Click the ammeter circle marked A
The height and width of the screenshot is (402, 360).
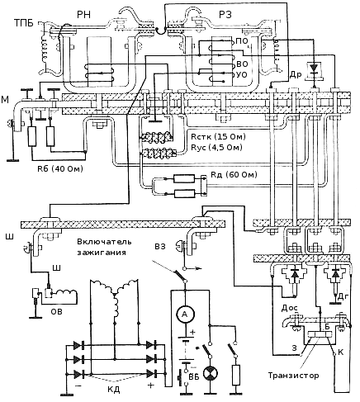(185, 314)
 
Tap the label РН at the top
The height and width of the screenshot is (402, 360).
(83, 14)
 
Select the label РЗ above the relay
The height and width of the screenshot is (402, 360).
(225, 14)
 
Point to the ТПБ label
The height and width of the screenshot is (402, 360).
(24, 23)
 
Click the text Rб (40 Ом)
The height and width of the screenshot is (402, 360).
(60, 168)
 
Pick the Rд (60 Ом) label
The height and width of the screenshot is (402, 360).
(234, 174)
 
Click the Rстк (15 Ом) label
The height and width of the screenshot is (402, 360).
(218, 136)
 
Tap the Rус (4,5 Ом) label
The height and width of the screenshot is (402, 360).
(216, 147)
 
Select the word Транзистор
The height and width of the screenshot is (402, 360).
(293, 376)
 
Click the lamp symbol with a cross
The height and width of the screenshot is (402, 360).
(211, 374)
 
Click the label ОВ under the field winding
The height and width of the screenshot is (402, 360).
(56, 311)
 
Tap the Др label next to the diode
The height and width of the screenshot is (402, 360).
(296, 74)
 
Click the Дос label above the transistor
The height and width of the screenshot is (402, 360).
(289, 308)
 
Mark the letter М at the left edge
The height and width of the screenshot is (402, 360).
(5, 100)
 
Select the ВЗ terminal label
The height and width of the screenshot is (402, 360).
(160, 246)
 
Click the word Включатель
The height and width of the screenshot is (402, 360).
(104, 242)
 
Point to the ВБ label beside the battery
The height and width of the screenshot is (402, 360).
(194, 376)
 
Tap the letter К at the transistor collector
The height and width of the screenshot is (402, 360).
(340, 352)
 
